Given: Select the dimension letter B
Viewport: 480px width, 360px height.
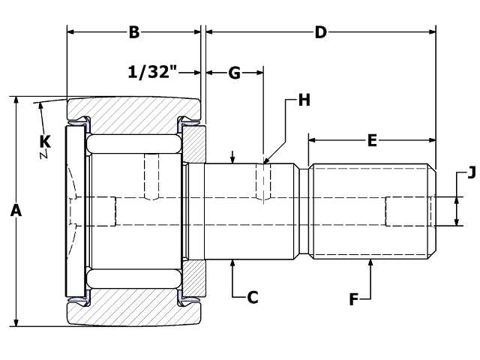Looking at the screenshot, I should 134,32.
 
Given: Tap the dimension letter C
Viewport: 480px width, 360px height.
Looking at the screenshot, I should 253,297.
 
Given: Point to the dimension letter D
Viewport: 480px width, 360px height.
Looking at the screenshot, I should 320,32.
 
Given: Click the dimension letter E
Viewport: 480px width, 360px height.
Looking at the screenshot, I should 371,139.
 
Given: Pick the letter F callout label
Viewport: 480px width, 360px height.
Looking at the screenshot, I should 355,300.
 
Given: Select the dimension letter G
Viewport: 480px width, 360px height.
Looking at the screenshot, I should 234,73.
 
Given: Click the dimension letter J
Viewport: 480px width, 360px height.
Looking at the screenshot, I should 471,173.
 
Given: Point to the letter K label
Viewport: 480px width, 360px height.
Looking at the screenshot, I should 45,139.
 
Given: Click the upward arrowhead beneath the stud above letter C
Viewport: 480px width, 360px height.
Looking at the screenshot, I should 234,262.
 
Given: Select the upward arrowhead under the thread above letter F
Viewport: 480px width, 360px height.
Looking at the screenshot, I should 371,262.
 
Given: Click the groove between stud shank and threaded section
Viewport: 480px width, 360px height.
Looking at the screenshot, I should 305,211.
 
